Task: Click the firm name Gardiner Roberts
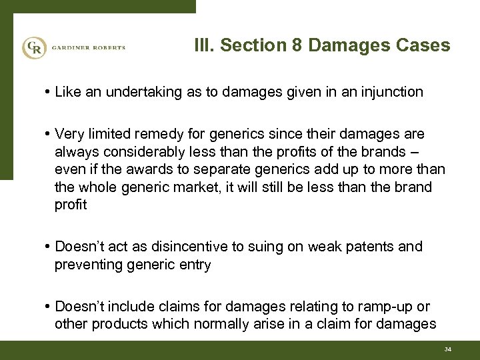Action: pyautogui.click(x=87, y=48)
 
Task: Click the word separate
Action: pyautogui.click(x=217, y=170)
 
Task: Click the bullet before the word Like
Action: pyautogui.click(x=49, y=93)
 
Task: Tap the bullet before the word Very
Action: pyautogui.click(x=49, y=135)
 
